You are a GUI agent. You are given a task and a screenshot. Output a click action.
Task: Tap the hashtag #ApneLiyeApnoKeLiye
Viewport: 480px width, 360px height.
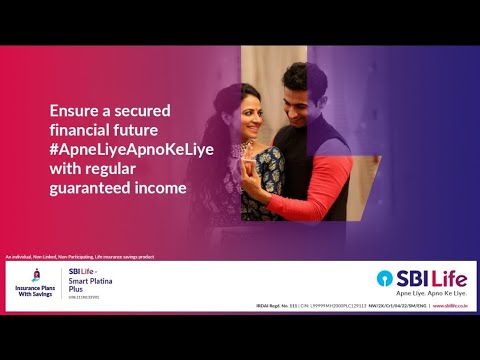tap(124, 149)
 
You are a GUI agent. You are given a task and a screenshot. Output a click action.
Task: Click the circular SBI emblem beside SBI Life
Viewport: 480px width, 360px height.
tap(385, 278)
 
